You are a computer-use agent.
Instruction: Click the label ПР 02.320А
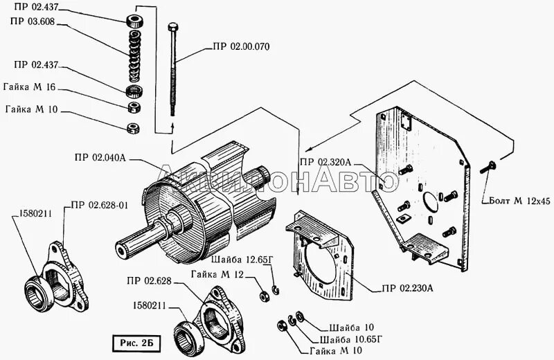[x=326, y=162]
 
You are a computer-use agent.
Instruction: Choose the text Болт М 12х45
[x=517, y=201]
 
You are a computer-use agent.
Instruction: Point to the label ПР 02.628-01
[x=98, y=206]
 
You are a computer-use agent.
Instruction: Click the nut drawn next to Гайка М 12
[x=264, y=296]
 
